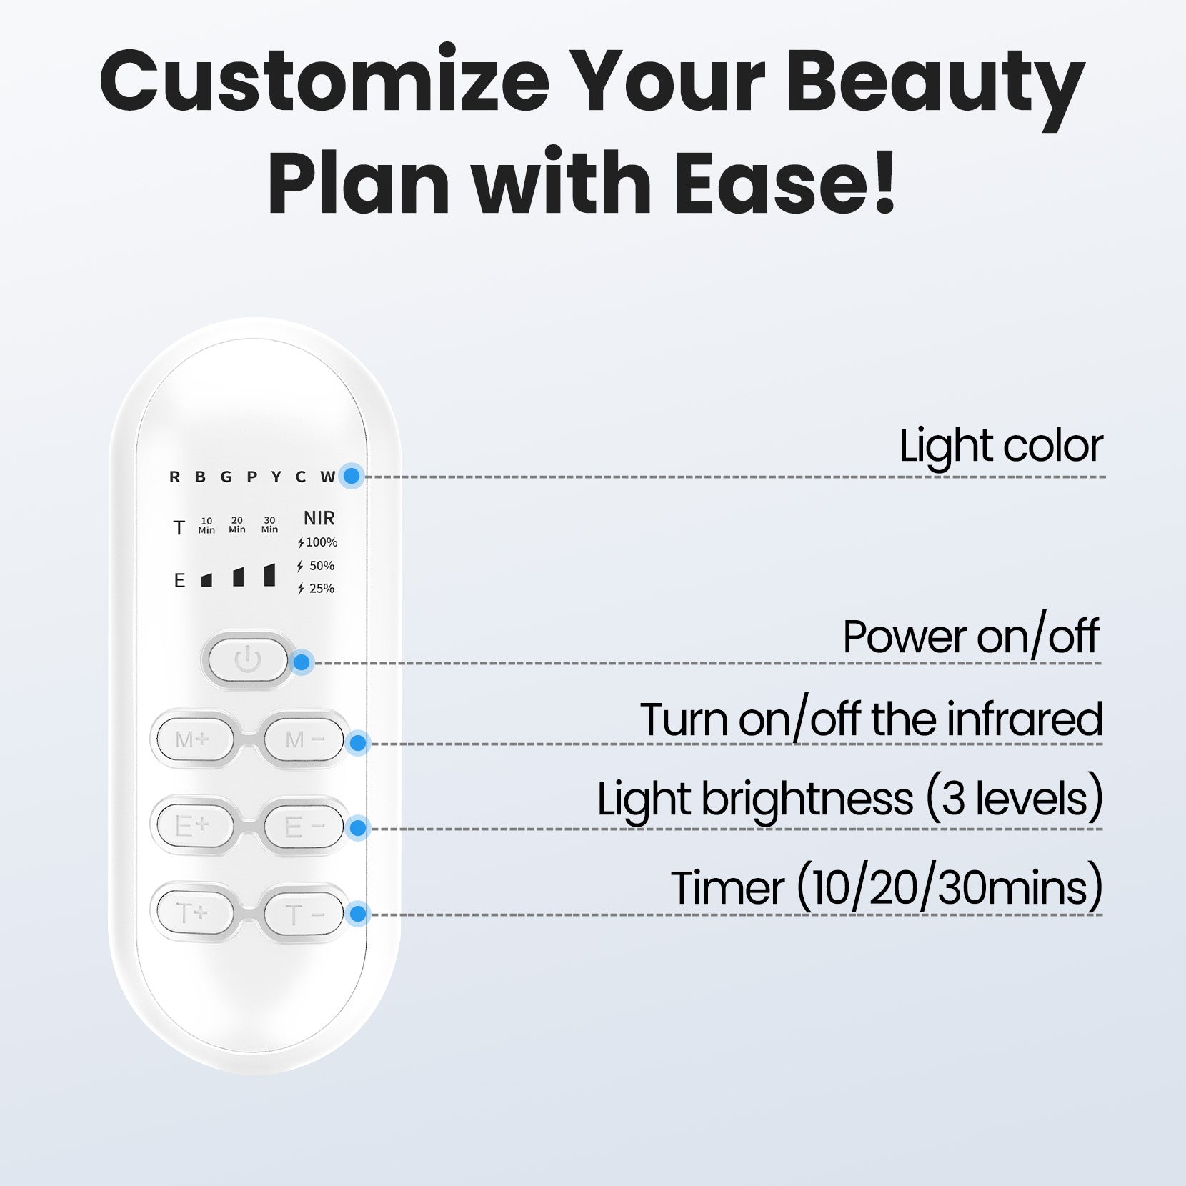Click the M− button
304,739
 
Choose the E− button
304,827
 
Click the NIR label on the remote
319,518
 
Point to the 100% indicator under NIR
318,542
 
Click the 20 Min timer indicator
237,525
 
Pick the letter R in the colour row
174,477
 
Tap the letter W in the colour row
327,477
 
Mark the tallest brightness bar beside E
269,574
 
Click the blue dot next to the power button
302,662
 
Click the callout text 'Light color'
1000,446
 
